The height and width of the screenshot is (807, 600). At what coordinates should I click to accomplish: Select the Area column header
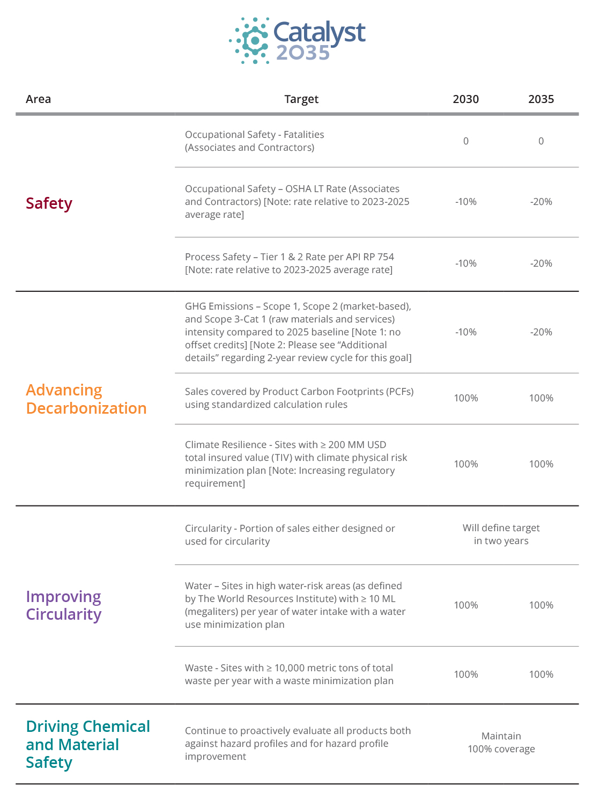(38, 99)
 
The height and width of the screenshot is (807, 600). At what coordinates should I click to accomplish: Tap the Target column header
(301, 99)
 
